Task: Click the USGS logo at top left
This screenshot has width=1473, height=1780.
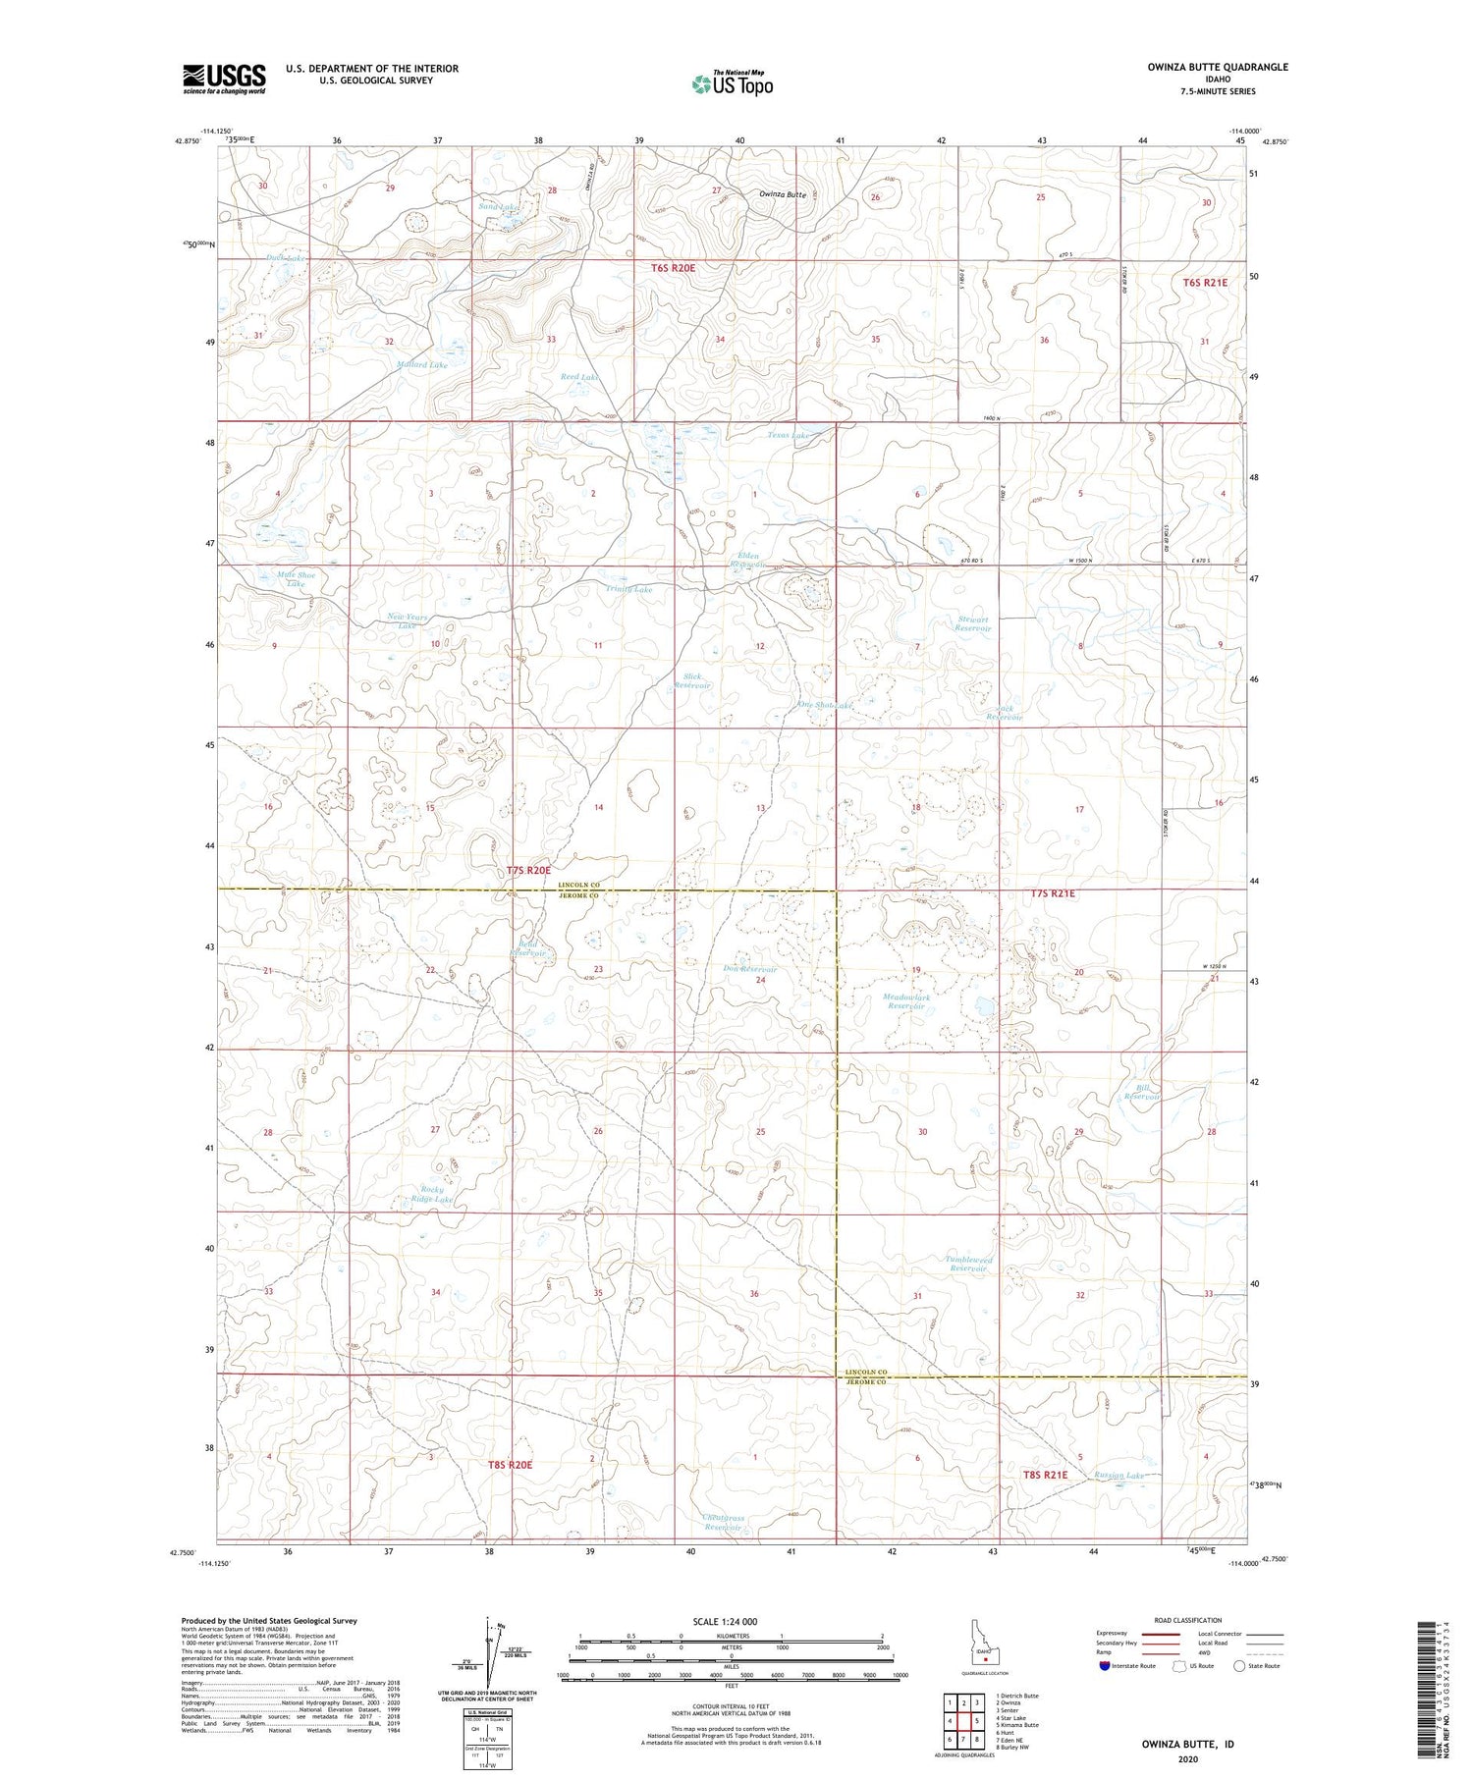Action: click(x=224, y=79)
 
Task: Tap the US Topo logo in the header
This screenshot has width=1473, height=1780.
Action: click(x=733, y=84)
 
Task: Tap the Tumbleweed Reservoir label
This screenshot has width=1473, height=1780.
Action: click(x=968, y=1264)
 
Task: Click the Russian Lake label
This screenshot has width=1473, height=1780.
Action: click(x=1120, y=1475)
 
